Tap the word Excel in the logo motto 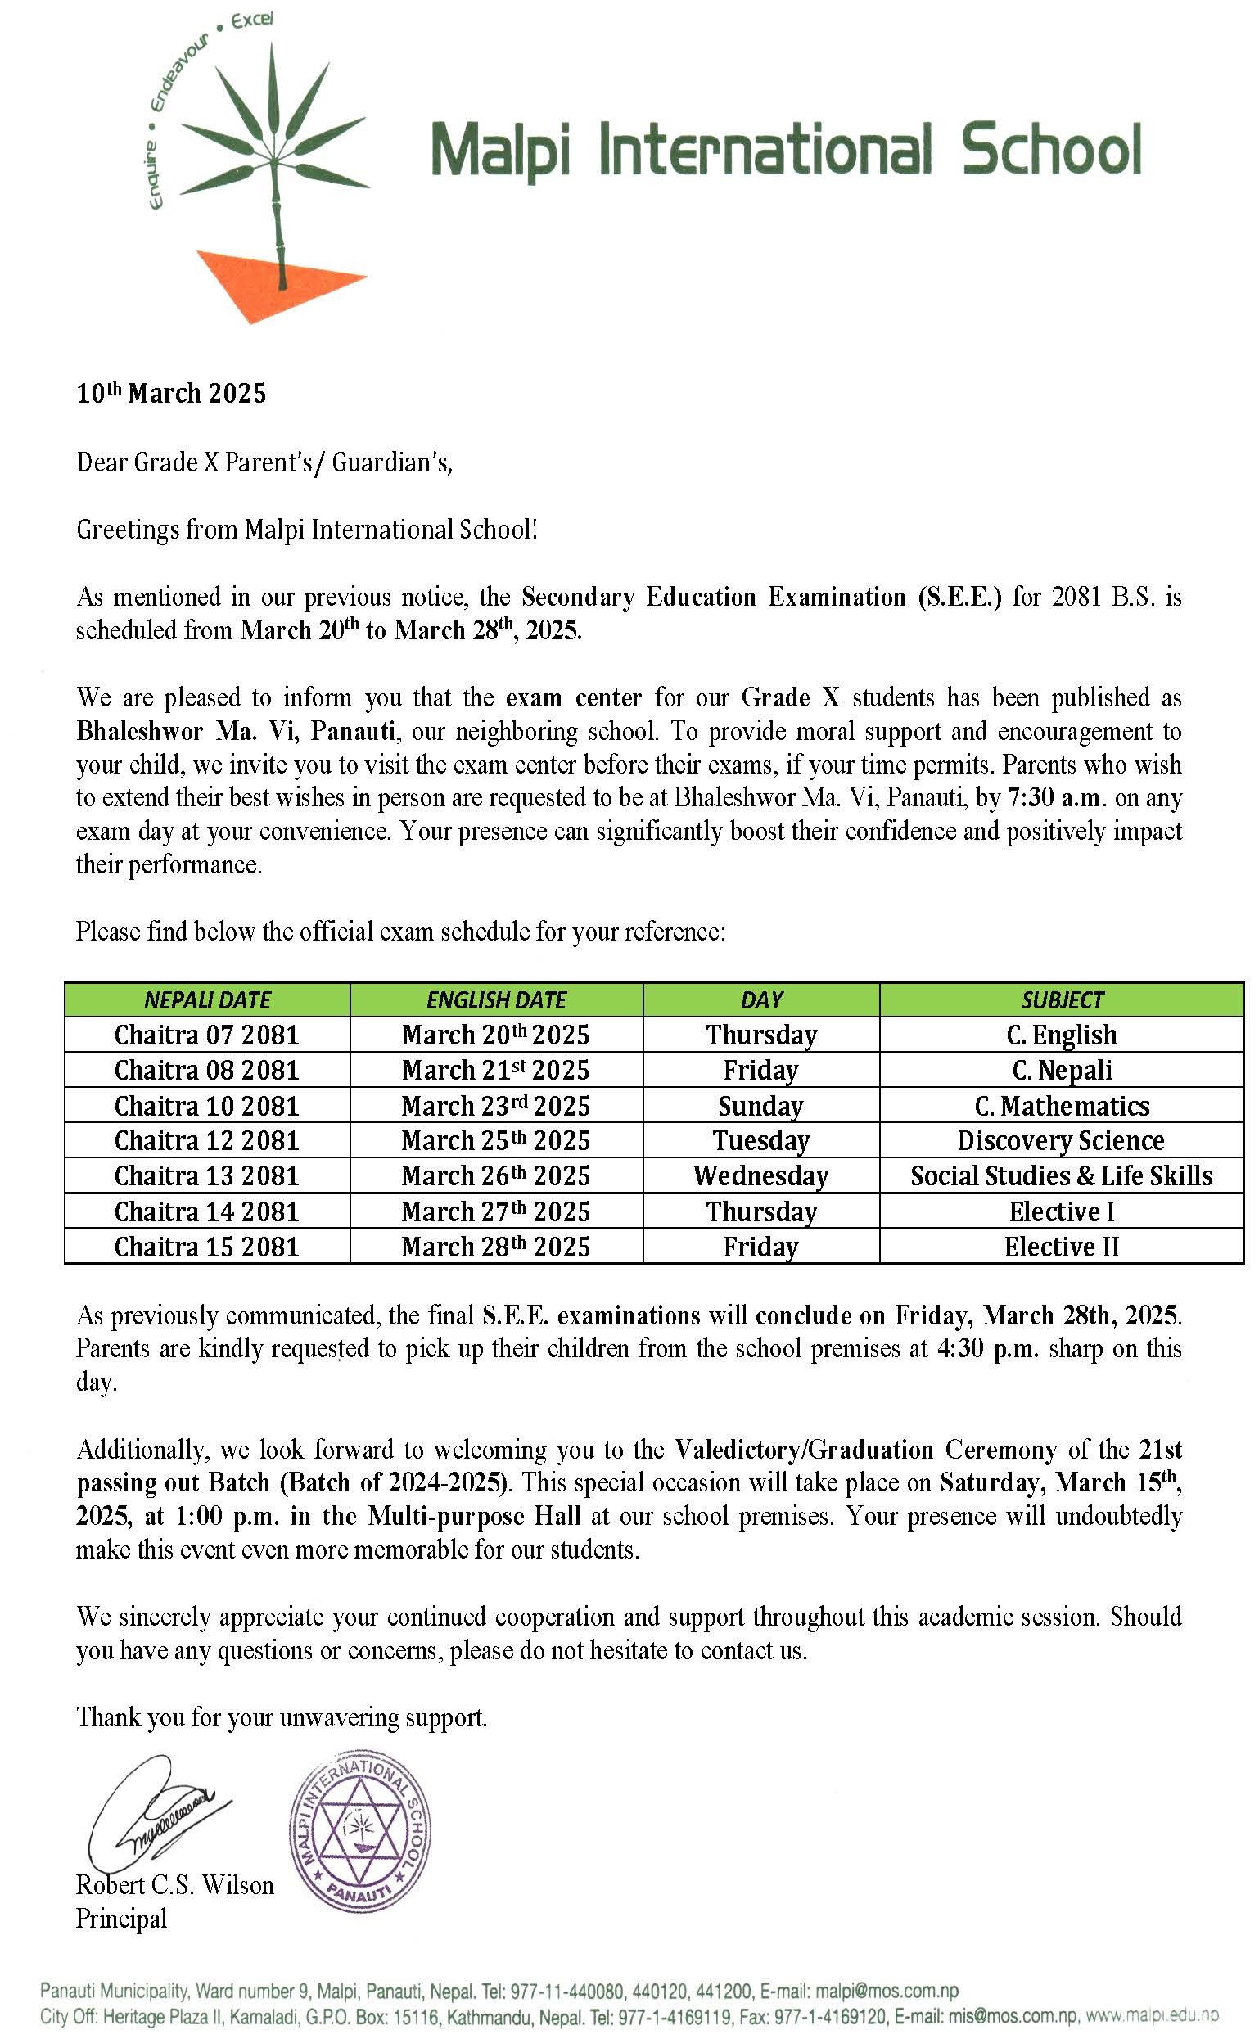point(251,20)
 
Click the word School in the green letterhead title point(1051,151)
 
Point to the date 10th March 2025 point(172,393)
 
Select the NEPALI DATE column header point(207,1000)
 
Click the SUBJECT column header point(1062,1000)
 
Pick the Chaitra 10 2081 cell point(206,1106)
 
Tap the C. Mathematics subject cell point(1062,1106)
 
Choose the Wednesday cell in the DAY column point(761,1175)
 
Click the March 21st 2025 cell point(495,1070)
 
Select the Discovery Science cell point(1061,1140)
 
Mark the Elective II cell point(1062,1247)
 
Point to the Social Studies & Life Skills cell point(1062,1175)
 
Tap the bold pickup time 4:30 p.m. point(988,1348)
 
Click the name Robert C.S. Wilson point(175,1885)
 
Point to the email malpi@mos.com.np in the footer point(887,1992)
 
